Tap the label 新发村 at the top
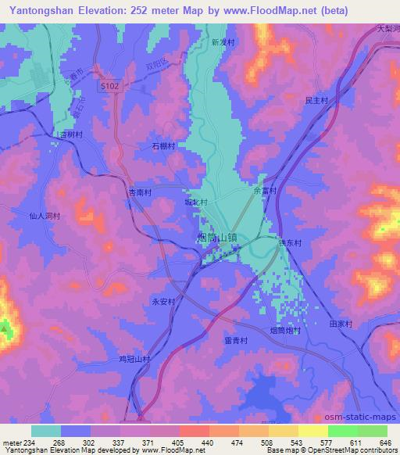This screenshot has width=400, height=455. point(223,44)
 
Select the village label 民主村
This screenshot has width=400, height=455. point(315,101)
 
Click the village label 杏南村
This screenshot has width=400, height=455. point(140,192)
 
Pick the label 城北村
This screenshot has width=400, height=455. point(195,202)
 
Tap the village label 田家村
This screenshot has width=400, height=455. point(341,323)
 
